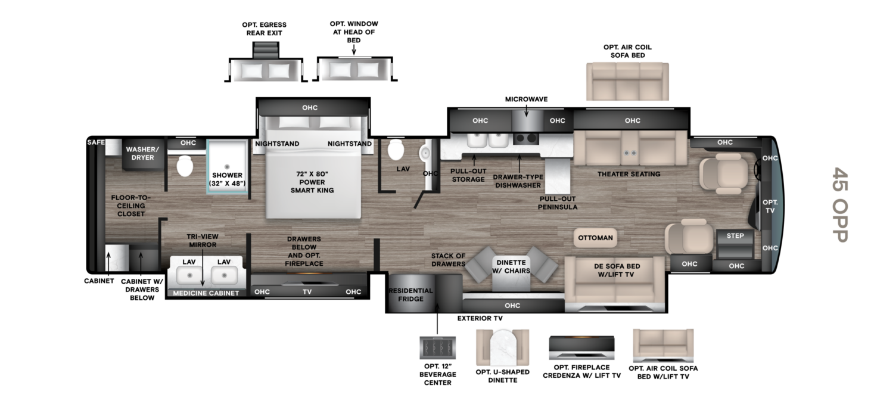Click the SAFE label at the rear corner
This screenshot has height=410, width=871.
pos(96,142)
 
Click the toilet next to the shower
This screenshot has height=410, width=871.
pos(185,166)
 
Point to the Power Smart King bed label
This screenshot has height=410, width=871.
pos(312,182)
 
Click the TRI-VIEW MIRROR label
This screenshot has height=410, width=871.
pos(202,240)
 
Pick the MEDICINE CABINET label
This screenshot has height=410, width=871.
pos(206,293)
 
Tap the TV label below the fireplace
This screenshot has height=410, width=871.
pos(307,291)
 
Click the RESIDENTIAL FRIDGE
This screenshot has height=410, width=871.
pos(410,294)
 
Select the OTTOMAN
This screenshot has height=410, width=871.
pos(595,238)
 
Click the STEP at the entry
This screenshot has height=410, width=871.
pos(735,236)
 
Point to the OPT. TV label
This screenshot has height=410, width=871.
pos(770,207)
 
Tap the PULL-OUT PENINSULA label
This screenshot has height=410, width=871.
pos(558,203)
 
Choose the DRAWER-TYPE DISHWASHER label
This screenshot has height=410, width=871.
pos(518,181)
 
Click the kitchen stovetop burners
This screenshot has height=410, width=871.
pos(525,139)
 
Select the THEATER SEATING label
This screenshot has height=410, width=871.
pos(629,174)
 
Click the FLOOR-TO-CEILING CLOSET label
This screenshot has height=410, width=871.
pos(131,206)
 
